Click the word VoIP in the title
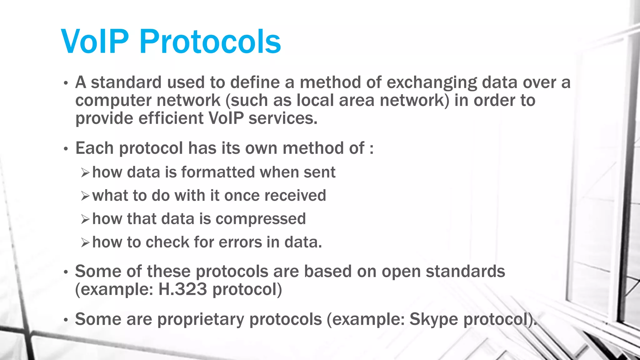(95, 42)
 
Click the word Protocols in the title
(210, 42)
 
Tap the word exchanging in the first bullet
(432, 83)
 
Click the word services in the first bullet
(282, 118)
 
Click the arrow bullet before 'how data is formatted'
(85, 173)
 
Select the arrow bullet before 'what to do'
(85, 196)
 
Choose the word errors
(240, 242)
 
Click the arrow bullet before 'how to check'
(85, 243)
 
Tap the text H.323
(182, 289)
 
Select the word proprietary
(200, 320)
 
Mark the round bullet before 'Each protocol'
(66, 149)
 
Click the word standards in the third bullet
(465, 271)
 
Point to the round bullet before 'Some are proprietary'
(66, 320)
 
